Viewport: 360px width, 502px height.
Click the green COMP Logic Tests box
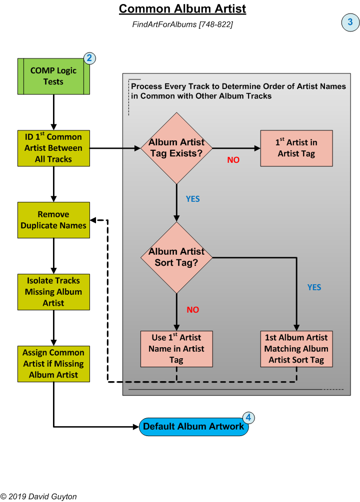point(53,76)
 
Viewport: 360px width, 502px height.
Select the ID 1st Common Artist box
point(53,148)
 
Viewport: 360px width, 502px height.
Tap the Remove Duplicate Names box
point(53,220)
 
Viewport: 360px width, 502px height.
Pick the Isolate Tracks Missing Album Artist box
point(53,292)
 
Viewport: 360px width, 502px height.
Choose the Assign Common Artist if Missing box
point(53,364)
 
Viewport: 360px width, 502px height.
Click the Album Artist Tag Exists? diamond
point(176,148)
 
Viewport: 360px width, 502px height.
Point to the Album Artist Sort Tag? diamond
point(176,257)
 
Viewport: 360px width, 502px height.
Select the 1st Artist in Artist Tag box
point(296,148)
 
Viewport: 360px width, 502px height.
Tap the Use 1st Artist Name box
point(176,349)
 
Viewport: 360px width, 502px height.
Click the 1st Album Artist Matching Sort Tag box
point(296,349)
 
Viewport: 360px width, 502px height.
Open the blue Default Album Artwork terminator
point(193,427)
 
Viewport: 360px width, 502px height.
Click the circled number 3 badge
point(350,22)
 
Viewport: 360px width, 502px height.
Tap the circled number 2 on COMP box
point(89,58)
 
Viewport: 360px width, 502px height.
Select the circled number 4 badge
point(249,418)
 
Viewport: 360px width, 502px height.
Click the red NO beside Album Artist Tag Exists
point(233,160)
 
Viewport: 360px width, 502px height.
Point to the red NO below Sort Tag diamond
point(193,310)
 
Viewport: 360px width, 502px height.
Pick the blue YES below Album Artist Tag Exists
point(193,199)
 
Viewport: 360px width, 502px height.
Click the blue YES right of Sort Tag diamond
point(314,287)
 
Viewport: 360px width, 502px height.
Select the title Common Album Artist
point(182,9)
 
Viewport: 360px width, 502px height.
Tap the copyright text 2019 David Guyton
point(38,497)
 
